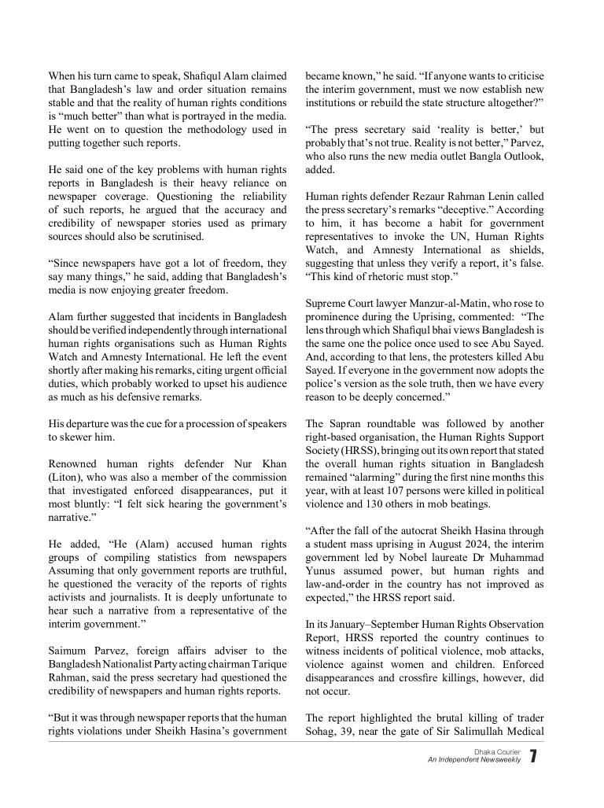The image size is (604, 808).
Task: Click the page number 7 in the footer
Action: [x=533, y=756]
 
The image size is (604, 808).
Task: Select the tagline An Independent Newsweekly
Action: [x=474, y=760]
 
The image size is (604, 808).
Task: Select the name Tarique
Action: [x=267, y=664]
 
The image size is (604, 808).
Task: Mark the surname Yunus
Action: [x=323, y=570]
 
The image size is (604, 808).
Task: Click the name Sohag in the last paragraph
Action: [x=322, y=731]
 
